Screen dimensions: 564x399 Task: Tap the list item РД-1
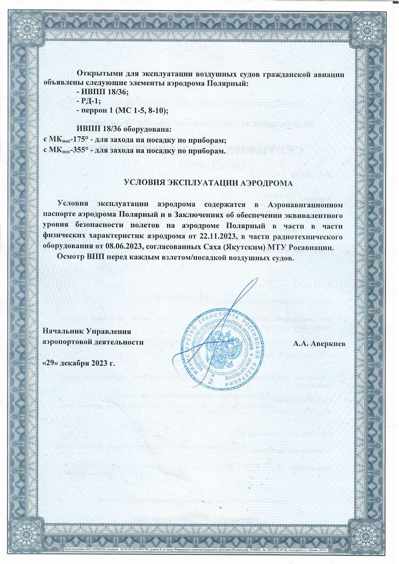click(89, 101)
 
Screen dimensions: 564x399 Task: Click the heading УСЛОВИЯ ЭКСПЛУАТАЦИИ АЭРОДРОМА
click(203, 183)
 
